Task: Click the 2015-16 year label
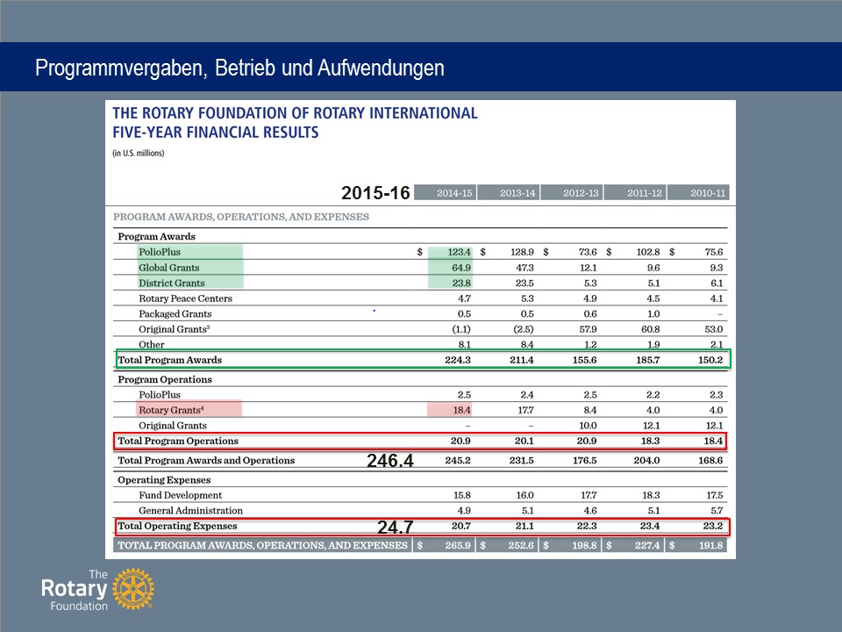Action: [x=375, y=192]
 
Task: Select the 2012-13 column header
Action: [x=581, y=193]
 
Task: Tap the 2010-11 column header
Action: [x=708, y=193]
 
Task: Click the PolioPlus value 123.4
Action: [x=459, y=252]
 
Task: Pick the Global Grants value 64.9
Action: [x=461, y=268]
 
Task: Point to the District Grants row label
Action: [x=171, y=284]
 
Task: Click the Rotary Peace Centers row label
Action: [x=185, y=298]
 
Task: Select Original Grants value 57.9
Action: [x=588, y=329]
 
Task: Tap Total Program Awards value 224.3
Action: [x=458, y=360]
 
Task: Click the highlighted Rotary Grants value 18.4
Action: [x=462, y=410]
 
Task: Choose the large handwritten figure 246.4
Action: [x=390, y=461]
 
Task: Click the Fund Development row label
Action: [x=180, y=495]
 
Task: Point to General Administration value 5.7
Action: [x=717, y=511]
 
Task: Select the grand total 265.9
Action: [x=458, y=545]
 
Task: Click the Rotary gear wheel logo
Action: [x=133, y=589]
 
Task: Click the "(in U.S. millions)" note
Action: [x=139, y=153]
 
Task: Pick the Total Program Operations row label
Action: [x=178, y=441]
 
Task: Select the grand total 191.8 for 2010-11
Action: [x=711, y=545]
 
